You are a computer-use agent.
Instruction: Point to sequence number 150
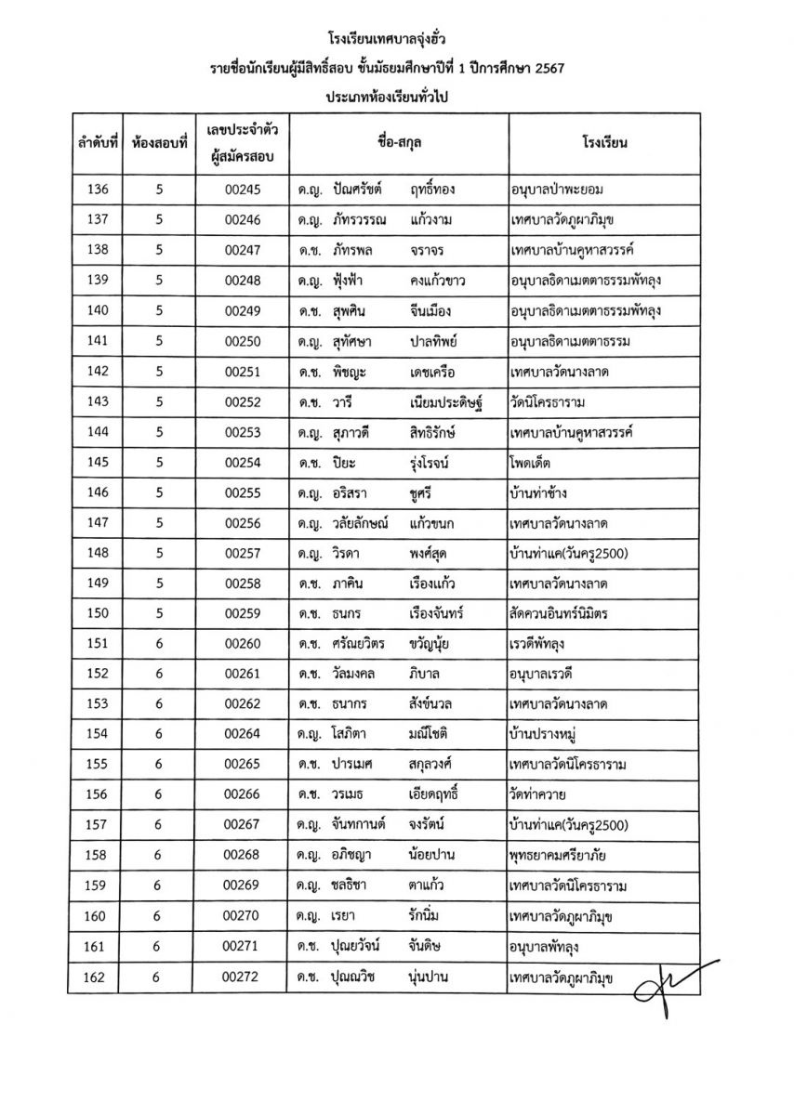97,613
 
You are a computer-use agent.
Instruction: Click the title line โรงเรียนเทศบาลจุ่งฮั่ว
396,41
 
